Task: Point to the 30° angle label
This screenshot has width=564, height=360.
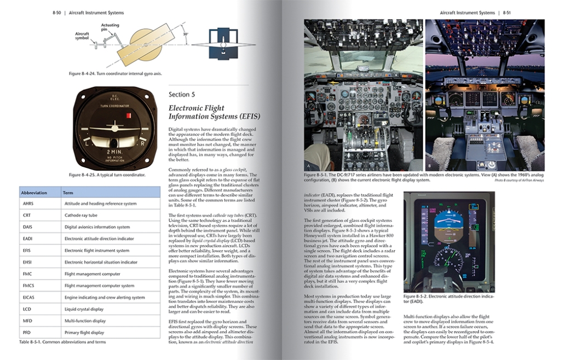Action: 186,33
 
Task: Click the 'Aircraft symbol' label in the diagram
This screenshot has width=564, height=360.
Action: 82,36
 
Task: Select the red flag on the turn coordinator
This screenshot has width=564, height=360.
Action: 129,116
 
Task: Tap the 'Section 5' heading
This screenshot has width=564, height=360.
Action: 182,95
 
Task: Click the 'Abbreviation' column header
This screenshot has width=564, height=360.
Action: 34,193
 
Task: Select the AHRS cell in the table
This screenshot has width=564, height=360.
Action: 28,204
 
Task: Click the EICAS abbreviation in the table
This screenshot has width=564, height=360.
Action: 30,297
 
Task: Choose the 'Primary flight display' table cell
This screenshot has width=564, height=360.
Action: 84,332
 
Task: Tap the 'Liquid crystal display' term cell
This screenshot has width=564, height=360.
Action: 84,309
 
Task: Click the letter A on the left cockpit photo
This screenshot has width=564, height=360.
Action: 310,165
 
